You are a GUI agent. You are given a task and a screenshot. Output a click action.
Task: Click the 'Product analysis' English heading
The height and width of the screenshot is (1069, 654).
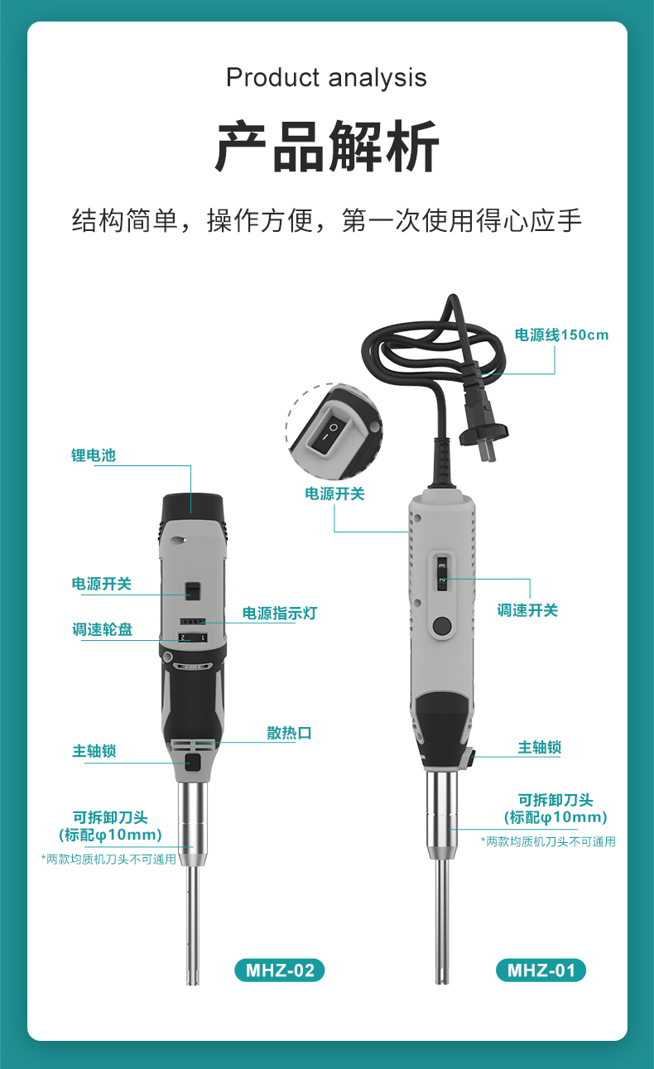click(326, 78)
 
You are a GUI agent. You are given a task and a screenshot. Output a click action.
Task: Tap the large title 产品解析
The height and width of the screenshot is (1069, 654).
click(327, 147)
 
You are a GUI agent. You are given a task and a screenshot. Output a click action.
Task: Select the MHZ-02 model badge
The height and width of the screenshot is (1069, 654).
click(280, 970)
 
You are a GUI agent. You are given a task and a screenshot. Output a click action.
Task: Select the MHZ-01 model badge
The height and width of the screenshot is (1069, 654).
click(541, 970)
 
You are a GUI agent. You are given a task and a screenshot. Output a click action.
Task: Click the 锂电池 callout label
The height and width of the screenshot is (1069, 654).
click(93, 455)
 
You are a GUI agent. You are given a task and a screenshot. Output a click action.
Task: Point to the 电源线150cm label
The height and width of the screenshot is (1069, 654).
click(561, 335)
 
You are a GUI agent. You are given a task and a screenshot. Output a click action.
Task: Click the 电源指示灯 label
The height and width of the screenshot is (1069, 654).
click(279, 614)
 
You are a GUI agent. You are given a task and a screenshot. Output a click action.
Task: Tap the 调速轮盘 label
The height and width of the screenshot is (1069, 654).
click(102, 629)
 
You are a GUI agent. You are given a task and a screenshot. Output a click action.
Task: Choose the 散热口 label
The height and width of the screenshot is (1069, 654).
click(289, 733)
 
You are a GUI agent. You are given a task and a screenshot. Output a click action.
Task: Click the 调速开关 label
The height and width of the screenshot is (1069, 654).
click(527, 610)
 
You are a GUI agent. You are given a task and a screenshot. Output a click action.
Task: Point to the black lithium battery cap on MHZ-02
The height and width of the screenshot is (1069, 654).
click(193, 504)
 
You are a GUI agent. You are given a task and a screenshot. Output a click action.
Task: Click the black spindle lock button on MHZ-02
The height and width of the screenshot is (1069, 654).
click(193, 762)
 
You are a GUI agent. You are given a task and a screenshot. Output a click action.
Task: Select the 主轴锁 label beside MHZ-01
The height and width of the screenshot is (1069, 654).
click(539, 748)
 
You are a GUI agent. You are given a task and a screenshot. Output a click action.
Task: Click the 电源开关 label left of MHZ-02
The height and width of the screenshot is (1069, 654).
click(101, 584)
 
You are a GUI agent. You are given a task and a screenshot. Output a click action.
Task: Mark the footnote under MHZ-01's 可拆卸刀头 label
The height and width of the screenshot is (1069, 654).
click(548, 841)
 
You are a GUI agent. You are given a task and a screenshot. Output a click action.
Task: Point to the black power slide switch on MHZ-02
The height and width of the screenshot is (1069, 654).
click(192, 590)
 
